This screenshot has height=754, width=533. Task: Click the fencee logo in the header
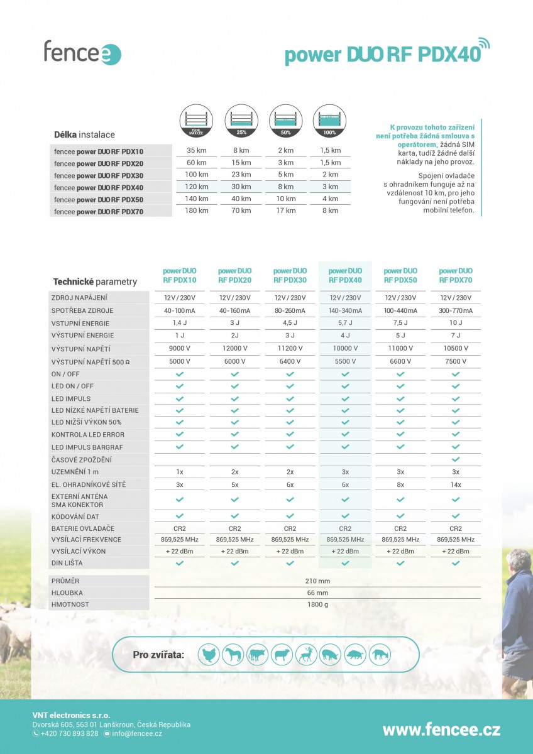[x=82, y=52]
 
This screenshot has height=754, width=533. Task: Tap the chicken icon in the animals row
[x=209, y=654]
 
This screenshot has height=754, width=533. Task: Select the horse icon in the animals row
[x=234, y=654]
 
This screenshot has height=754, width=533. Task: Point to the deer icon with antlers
[x=306, y=654]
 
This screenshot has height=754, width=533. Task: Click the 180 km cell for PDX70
[x=197, y=210]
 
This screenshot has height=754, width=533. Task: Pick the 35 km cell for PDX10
[x=197, y=151]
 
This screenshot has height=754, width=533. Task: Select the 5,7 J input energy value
[x=345, y=323]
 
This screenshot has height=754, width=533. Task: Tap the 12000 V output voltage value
[x=234, y=348]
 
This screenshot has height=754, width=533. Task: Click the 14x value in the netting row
[x=456, y=484]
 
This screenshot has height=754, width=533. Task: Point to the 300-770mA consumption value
[x=456, y=310]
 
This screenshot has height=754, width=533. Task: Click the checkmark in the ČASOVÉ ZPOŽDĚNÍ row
[x=456, y=460]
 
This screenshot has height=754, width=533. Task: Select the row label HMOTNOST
[x=70, y=604]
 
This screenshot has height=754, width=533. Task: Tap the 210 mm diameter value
[x=317, y=581]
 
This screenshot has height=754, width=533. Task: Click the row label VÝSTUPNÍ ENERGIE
[x=82, y=336]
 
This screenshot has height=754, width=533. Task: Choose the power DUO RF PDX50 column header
[x=400, y=275]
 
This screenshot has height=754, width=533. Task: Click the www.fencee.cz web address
[x=441, y=729]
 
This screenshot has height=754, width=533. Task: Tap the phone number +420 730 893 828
[x=69, y=733]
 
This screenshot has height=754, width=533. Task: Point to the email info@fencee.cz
[x=137, y=733]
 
